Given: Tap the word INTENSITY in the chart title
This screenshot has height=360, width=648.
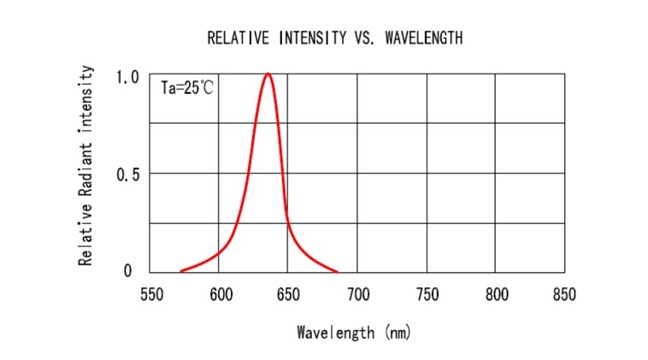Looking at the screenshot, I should click(309, 38).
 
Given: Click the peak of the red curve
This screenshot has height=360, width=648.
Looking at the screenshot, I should click(268, 74).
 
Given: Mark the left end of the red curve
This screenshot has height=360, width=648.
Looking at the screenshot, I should click(180, 271).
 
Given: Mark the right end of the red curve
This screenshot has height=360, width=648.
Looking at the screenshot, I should click(337, 271).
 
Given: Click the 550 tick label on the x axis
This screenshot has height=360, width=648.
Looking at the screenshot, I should click(150, 295).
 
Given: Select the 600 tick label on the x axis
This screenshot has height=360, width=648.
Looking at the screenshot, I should click(220, 295).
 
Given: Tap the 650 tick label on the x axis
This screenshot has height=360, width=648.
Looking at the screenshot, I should click(289, 295).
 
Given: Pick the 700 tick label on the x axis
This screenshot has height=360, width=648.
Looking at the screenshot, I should click(357, 295).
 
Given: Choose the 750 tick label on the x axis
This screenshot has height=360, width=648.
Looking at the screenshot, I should click(427, 295).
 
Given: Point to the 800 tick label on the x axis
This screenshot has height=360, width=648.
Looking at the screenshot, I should click(496, 295).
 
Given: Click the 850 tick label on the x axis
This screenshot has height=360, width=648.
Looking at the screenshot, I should click(564, 295).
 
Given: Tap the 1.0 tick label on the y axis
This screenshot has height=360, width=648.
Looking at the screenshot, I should click(127, 77).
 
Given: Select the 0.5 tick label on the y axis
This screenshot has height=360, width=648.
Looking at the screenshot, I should click(127, 174).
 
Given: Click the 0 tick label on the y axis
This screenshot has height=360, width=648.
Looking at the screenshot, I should click(128, 272).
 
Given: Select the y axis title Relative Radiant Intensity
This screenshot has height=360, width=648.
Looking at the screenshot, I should click(86, 168).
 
